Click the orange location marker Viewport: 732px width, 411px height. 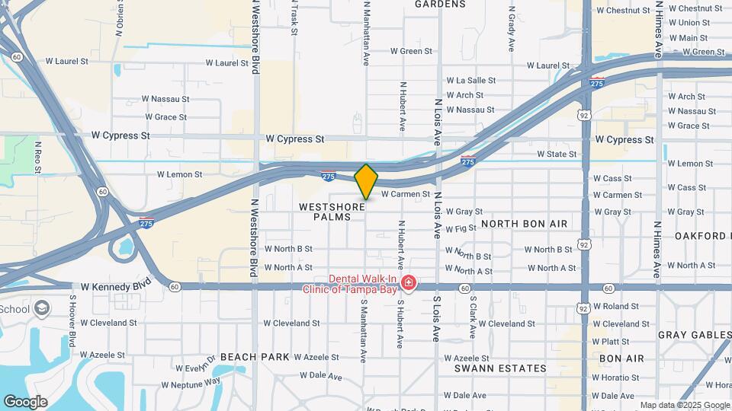(366, 181)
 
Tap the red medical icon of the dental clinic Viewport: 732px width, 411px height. (409, 284)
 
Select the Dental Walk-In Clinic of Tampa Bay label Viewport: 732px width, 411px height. (352, 284)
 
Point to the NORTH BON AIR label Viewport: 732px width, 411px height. (525, 224)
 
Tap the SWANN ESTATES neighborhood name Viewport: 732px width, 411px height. (501, 368)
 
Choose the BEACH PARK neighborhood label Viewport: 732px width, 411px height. (255, 356)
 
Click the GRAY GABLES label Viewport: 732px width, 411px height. (693, 335)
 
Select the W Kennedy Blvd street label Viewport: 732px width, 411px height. (115, 286)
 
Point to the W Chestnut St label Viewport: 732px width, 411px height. (628, 10)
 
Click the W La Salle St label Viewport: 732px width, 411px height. (470, 80)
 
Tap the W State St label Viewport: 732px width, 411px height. (557, 154)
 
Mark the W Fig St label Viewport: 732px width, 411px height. (461, 228)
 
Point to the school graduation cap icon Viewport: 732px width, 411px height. (42, 308)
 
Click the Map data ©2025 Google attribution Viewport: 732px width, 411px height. (684, 405)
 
